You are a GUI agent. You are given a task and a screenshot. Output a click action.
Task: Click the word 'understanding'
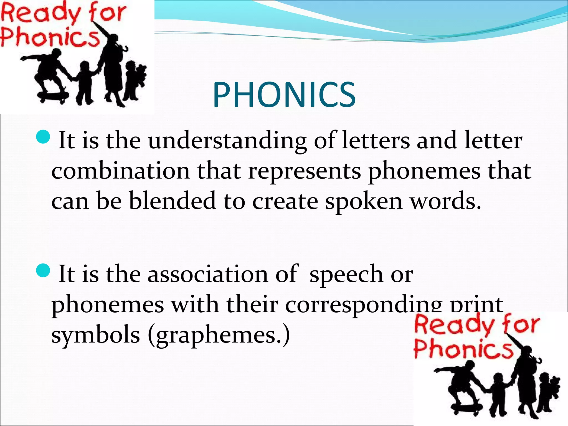[x=227, y=141]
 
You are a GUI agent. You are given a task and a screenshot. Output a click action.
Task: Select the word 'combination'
[x=121, y=171]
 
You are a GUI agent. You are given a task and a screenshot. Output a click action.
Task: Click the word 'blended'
[x=172, y=201]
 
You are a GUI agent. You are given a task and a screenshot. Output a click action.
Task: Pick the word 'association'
[x=208, y=274]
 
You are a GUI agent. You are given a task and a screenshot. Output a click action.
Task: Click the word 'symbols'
[x=95, y=335]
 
